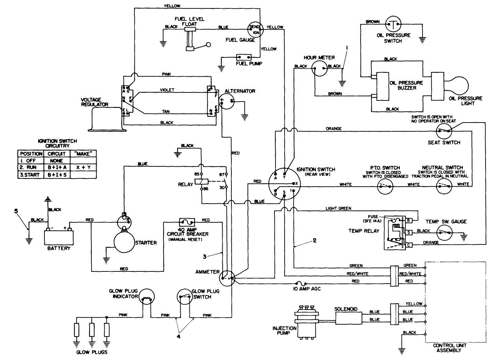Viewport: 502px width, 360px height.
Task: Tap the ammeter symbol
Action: pyautogui.click(x=226, y=278)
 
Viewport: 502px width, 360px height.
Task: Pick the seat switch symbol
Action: pyautogui.click(x=444, y=132)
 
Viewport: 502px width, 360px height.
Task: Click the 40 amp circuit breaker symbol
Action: pyautogui.click(x=187, y=222)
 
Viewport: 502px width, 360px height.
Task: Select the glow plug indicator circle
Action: pyautogui.click(x=146, y=299)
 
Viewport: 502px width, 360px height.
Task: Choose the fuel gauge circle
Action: pyautogui.click(x=255, y=29)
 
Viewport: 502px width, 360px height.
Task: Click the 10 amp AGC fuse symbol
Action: pyautogui.click(x=301, y=283)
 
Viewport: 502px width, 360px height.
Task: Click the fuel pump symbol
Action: pyautogui.click(x=244, y=57)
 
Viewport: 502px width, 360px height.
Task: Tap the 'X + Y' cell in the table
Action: pyautogui.click(x=83, y=168)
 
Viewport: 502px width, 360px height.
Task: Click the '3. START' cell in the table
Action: pyautogui.click(x=30, y=175)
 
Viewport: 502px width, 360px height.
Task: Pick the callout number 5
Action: pyautogui.click(x=15, y=211)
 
